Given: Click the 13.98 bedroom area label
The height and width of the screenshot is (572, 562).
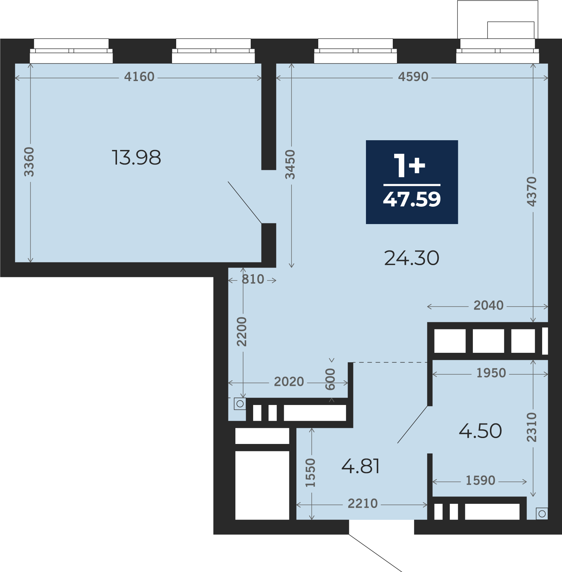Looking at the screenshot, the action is point(136,157).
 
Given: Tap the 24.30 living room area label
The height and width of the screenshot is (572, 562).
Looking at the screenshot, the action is point(412,258).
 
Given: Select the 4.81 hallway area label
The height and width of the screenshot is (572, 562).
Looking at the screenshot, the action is point(360,466).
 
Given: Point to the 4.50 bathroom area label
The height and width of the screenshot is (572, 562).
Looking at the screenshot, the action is point(481,431).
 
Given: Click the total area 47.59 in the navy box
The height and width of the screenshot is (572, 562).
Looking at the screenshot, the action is point(412,199).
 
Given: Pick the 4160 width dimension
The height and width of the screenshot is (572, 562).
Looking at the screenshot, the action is point(139,77).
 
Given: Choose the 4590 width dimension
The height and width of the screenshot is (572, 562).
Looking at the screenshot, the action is point(413,77).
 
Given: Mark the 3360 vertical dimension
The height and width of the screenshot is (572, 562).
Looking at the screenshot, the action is point(29,162).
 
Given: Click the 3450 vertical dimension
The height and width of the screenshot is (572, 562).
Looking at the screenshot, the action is point(290,165).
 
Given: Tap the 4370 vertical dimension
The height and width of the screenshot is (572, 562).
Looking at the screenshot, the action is point(532,192).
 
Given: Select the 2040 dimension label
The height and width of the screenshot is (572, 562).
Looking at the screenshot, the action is point(489,305).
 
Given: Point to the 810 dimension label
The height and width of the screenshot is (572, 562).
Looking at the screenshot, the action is point(253,279).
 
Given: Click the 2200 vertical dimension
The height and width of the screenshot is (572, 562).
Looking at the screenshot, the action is point(242,332).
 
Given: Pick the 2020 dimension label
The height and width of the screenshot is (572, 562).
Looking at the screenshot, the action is point(289,382).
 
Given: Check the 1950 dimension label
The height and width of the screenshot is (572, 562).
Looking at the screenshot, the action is point(491,373).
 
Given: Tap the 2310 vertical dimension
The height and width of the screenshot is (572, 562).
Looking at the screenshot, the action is point(532,427).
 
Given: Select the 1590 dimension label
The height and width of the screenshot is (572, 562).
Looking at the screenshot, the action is point(481,480).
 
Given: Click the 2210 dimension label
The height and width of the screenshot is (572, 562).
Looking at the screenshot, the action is point(363,503).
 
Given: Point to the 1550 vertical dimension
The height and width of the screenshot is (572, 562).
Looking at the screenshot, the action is point(310,473).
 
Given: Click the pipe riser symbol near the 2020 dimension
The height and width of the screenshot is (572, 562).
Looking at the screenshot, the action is point(240,404).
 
